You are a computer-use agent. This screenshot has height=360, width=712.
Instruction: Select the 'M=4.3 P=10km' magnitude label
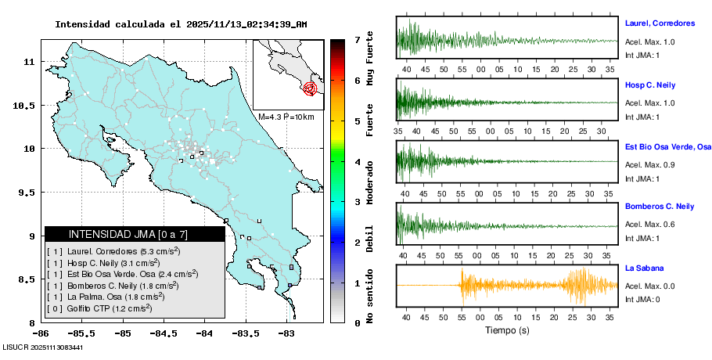tap(286, 117)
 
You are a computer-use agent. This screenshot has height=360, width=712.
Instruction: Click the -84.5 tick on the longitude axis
tap(163, 333)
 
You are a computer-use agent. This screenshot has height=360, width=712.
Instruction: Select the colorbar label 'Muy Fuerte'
tap(370, 54)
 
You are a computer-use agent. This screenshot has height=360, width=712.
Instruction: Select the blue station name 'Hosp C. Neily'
tap(649, 85)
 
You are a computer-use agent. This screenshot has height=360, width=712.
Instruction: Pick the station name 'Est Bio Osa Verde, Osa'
tap(667, 146)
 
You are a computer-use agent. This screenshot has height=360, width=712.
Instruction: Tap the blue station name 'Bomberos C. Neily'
tap(660, 207)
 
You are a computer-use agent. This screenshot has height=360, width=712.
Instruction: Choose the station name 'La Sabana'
tap(643, 268)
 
